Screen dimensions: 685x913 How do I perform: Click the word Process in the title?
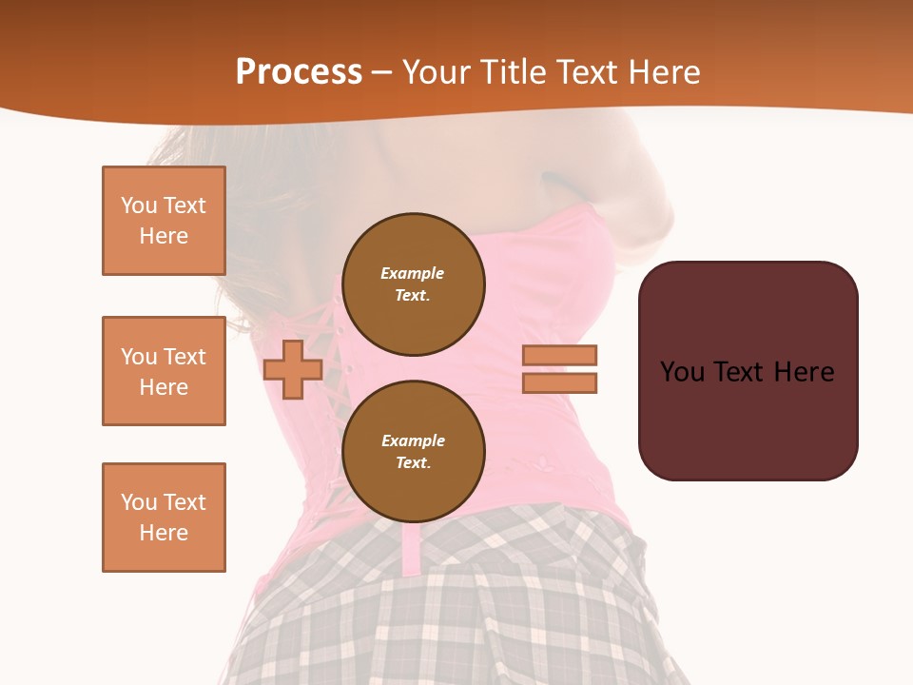[299, 72]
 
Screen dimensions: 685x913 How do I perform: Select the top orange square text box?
[164, 221]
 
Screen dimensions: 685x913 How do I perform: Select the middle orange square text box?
[164, 371]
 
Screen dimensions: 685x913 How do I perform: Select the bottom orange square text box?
[164, 518]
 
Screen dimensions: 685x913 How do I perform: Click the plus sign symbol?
[293, 369]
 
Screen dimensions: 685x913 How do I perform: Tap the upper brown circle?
[414, 284]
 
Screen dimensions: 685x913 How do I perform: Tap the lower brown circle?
[414, 452]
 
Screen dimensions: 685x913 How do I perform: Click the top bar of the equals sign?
[559, 355]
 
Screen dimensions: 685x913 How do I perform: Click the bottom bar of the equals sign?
[559, 383]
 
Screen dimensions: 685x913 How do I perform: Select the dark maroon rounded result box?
[748, 371]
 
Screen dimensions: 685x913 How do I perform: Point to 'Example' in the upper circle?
[412, 273]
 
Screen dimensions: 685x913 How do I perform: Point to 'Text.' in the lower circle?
[413, 463]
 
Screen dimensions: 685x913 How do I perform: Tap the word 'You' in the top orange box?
[138, 205]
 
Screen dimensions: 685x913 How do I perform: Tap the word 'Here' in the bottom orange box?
[164, 533]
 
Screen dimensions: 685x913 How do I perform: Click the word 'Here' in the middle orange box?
[164, 387]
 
